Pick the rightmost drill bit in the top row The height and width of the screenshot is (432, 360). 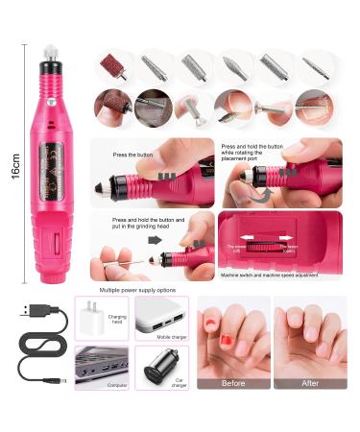pos(313,66)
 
